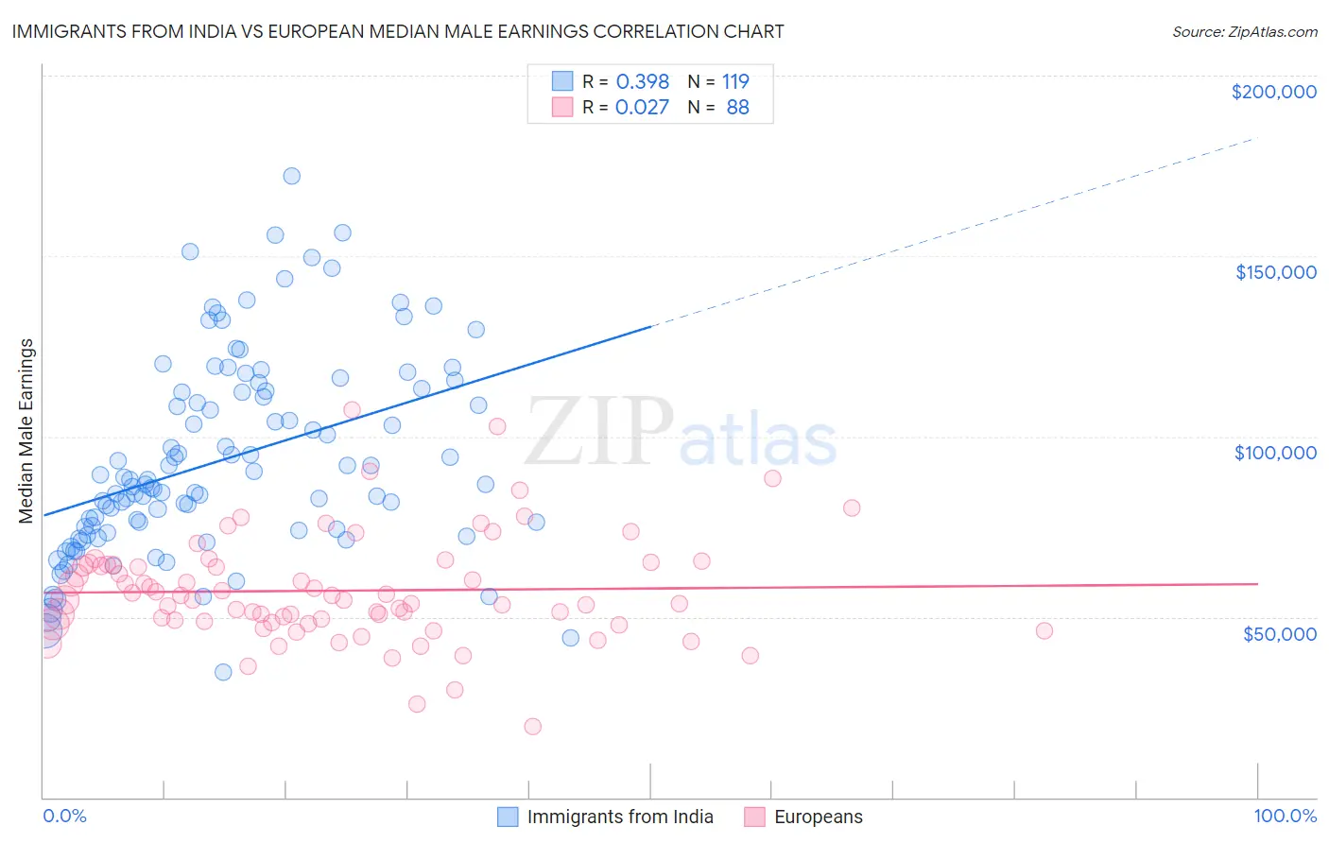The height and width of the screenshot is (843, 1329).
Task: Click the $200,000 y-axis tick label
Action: point(1273,92)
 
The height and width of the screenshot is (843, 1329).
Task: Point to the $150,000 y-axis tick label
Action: point(1275,272)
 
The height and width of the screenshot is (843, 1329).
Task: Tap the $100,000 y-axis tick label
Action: point(1275,453)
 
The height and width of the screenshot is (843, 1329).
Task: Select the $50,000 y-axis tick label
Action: point(1279,633)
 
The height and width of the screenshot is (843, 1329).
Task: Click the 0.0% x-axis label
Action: point(64,816)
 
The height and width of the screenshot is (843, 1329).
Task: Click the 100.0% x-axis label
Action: point(1285,816)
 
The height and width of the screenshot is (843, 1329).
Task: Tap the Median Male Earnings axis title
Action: point(26,430)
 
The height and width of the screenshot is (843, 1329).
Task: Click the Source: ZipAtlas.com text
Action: point(1244,31)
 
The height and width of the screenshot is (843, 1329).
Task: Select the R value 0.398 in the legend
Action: point(642,81)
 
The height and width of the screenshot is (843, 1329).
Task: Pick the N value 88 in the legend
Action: point(737,108)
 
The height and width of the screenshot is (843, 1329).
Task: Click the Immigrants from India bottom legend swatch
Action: point(508,817)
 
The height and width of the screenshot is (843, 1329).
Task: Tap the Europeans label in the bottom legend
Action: point(818,817)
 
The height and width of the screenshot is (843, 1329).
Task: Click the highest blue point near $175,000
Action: point(292,176)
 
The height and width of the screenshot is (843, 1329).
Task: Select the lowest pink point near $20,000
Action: point(532,726)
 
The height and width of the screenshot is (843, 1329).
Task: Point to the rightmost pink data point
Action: point(1044,630)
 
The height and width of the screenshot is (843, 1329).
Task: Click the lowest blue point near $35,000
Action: point(223,672)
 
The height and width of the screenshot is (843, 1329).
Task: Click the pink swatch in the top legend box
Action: point(562,108)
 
